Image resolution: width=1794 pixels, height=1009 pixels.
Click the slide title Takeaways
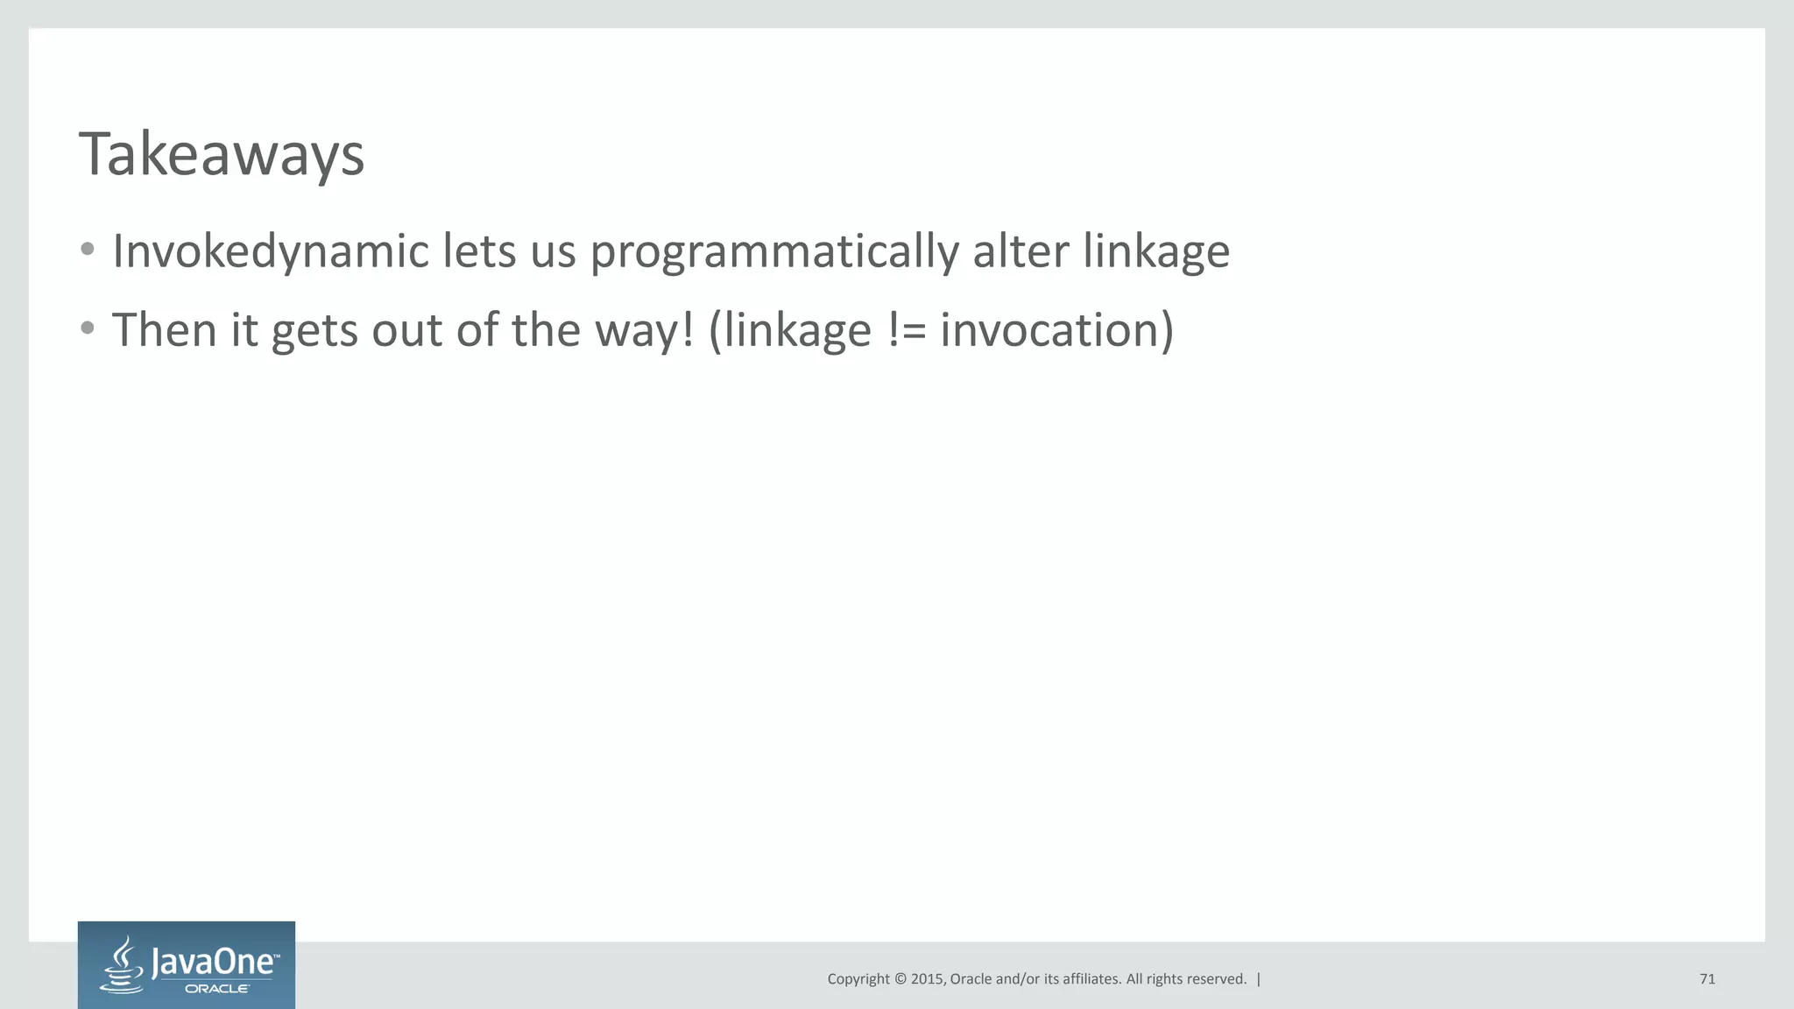221,155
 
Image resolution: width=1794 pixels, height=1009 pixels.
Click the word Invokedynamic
270,252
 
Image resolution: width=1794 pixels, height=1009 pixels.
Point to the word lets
478,252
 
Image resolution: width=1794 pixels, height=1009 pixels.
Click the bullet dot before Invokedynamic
87,250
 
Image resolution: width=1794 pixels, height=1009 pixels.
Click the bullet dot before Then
87,329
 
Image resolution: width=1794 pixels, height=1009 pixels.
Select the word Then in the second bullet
164,331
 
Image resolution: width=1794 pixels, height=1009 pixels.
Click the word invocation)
1056,331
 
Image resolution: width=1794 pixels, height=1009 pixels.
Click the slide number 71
1706,979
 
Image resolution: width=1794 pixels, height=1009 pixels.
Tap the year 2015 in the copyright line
927,979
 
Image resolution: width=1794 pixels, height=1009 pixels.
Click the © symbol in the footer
899,979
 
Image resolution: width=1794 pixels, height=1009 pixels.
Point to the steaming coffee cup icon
124,965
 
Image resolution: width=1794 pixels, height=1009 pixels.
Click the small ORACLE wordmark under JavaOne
216,989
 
